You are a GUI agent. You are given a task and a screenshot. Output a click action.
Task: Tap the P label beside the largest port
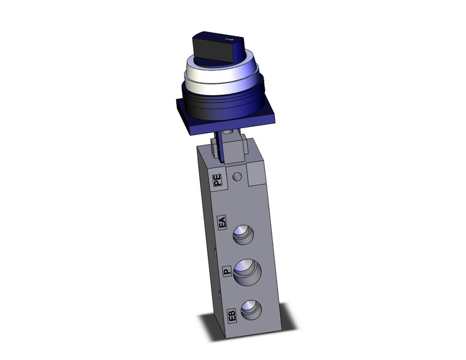point(226,270)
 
